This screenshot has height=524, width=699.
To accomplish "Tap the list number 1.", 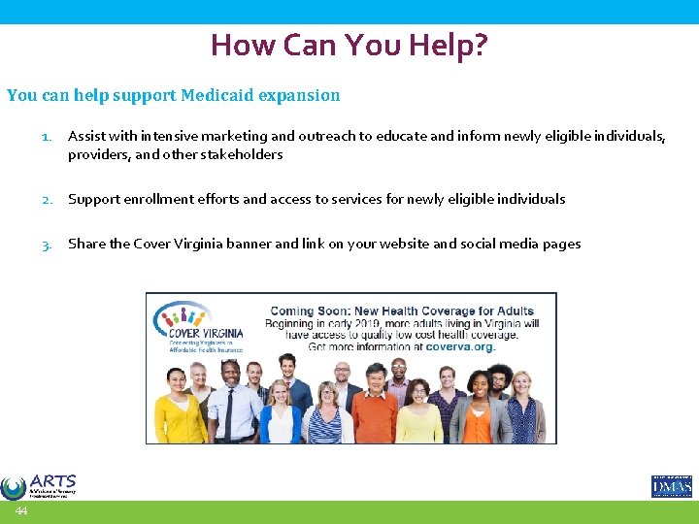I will tap(46, 138).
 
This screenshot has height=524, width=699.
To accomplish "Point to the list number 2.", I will tap(46, 199).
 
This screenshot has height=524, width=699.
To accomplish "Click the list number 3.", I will tap(46, 245).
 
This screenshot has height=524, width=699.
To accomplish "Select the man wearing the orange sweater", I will tap(374, 408).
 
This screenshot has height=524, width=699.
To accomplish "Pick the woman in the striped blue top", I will tap(323, 417).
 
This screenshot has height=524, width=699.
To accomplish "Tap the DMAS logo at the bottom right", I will tap(671, 486).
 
